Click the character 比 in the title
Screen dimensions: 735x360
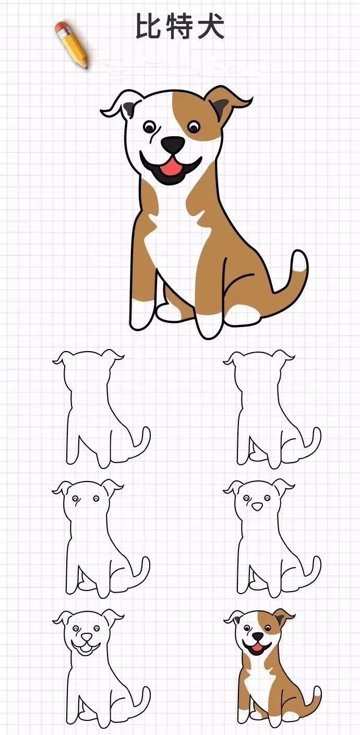(x=148, y=27)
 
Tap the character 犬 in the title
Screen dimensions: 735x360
(x=211, y=27)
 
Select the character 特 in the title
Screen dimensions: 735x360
(x=179, y=27)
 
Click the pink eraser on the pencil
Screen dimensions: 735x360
(x=62, y=28)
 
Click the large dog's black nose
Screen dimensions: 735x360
(x=172, y=144)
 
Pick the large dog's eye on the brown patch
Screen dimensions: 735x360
(x=194, y=126)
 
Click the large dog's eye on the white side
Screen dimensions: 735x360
(x=150, y=126)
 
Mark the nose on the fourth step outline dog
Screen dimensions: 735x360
(x=257, y=506)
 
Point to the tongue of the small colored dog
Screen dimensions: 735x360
(x=255, y=649)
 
